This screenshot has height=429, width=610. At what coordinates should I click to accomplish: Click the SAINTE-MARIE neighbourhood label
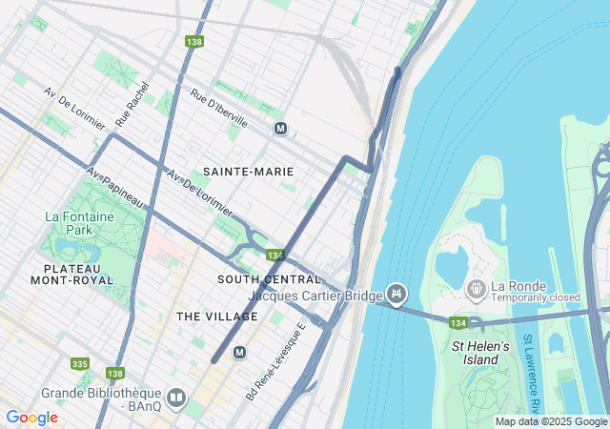point(248,172)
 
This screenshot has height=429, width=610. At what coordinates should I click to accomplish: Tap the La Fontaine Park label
point(79,223)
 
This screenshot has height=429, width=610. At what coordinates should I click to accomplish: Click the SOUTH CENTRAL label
point(270,279)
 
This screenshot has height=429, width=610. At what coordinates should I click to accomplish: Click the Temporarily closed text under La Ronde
point(536,297)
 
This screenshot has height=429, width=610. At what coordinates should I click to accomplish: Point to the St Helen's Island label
point(481,353)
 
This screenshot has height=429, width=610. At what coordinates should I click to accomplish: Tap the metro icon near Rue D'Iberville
point(280,129)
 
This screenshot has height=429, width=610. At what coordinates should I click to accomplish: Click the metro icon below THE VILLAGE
point(239,352)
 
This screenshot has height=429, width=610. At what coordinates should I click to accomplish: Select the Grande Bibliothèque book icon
point(175,398)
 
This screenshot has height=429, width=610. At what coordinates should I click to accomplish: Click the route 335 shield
point(80,363)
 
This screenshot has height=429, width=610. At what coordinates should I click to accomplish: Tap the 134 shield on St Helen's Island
point(457,323)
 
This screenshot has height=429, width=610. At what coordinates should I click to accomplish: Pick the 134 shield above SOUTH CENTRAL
point(275,255)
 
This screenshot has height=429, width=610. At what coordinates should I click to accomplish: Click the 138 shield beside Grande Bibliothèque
point(115,373)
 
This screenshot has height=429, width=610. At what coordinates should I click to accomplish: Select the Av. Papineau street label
point(113,190)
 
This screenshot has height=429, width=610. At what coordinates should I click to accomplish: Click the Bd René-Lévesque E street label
point(274,359)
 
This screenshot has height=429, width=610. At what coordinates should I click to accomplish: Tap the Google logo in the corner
point(31,418)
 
